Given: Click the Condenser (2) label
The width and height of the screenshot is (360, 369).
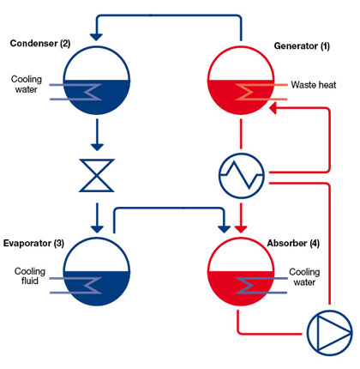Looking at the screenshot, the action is pos(40,44).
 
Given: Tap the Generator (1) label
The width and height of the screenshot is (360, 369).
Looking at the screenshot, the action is pos(302,45).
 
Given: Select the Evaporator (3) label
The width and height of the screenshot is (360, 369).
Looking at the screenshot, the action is pos(33,243).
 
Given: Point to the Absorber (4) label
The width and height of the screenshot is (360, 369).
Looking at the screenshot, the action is pos(293,243).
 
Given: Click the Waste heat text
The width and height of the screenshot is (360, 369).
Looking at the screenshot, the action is pos(314,85).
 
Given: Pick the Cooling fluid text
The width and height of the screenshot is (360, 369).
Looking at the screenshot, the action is pos(30,276).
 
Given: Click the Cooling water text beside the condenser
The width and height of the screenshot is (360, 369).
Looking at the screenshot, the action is pos(27,84).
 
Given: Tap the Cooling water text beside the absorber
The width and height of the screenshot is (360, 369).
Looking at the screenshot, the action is pos(304,277).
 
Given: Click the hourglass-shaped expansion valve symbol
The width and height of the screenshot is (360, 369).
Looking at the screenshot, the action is pos(97,175).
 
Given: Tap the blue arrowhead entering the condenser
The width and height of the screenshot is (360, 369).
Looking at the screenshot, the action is pos(96,37).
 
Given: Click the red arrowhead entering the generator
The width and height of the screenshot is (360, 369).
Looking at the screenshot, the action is pos(273,109).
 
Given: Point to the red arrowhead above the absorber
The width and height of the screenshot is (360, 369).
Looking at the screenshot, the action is pos(241,229).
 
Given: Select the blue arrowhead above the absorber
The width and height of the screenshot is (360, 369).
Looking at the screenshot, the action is pos(224,229).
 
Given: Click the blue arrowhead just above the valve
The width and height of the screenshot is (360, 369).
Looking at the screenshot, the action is pos(97,147).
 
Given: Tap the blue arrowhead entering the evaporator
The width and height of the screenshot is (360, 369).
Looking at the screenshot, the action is pos(97,229).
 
